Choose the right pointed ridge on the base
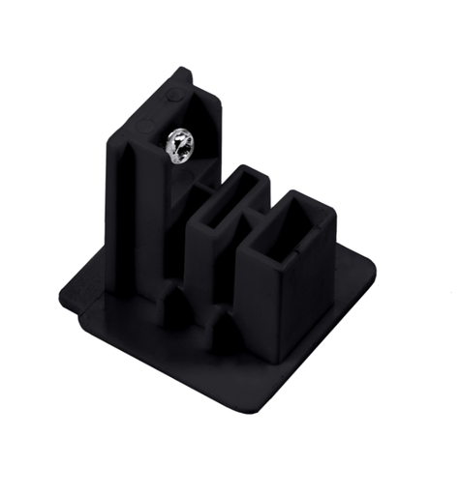(225, 337)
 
